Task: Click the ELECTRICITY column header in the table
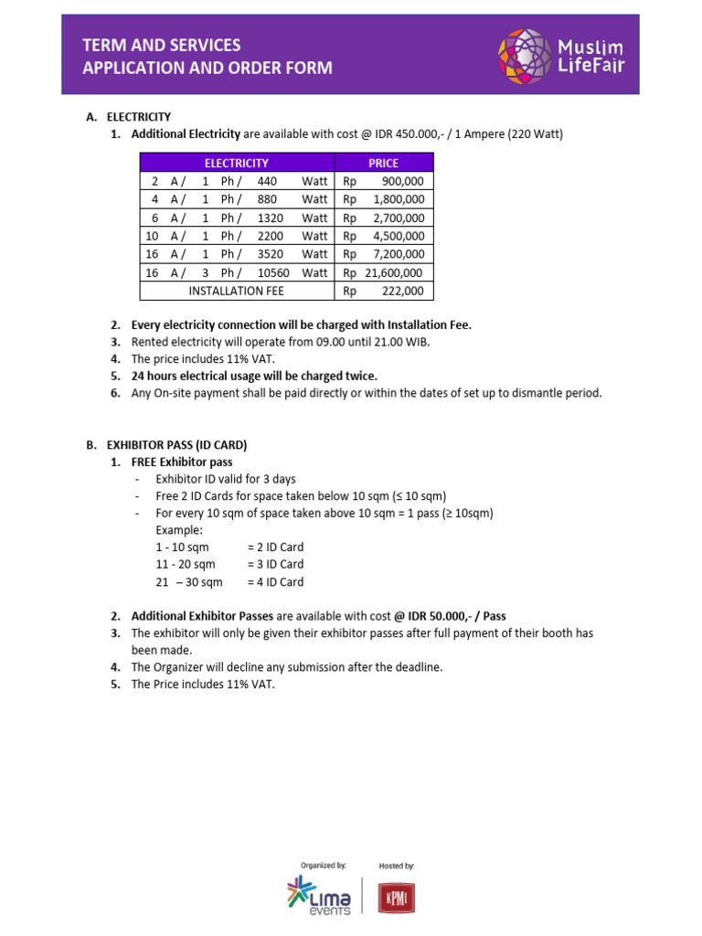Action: [236, 163]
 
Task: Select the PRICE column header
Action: [383, 163]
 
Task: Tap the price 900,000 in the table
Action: [396, 181]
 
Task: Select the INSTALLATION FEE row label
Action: [236, 291]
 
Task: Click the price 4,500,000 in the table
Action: [396, 236]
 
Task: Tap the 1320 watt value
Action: [273, 218]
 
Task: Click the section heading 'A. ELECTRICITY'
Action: [129, 117]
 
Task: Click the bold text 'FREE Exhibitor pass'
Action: [182, 462]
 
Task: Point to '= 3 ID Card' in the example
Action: [275, 564]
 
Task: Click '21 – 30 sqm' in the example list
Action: [189, 581]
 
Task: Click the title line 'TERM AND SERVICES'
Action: [162, 45]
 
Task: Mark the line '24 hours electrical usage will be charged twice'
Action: [254, 376]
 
